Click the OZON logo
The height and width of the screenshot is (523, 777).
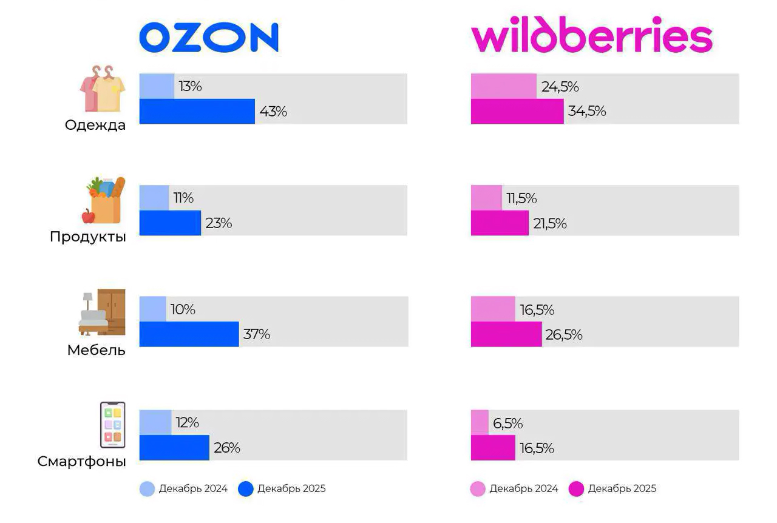[209, 38]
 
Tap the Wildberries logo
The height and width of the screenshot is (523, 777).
[591, 38]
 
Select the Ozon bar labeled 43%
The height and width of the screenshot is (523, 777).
[197, 112]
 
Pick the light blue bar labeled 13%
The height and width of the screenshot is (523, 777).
[157, 86]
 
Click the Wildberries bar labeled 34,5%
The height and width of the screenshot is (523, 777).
[517, 112]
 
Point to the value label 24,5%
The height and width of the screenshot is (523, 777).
[560, 87]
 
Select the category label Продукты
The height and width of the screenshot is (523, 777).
[88, 237]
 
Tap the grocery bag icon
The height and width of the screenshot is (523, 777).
[104, 200]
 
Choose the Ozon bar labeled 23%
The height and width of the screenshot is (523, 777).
[170, 223]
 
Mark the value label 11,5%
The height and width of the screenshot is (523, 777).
[521, 198]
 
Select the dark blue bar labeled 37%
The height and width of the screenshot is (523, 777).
[189, 334]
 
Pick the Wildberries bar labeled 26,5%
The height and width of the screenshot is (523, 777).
[506, 334]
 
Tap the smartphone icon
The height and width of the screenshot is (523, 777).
[112, 425]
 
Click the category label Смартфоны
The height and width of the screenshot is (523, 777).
[82, 462]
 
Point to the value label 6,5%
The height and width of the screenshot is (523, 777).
[507, 423]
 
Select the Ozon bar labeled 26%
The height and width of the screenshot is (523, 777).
[174, 448]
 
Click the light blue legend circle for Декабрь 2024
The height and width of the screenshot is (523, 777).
[147, 489]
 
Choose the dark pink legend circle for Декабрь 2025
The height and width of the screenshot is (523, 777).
[576, 489]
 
